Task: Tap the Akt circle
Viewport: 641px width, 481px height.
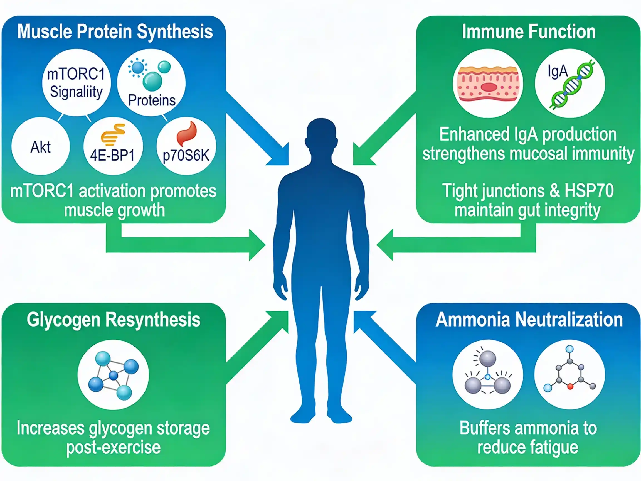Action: pyautogui.click(x=41, y=147)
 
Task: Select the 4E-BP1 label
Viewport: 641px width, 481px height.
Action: pyautogui.click(x=112, y=155)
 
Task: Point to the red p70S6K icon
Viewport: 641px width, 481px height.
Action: pyautogui.click(x=187, y=133)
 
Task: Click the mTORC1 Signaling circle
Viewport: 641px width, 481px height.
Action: pyautogui.click(x=76, y=83)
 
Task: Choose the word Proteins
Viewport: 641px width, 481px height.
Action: pyautogui.click(x=152, y=100)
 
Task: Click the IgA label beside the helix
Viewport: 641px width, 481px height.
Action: pyautogui.click(x=557, y=71)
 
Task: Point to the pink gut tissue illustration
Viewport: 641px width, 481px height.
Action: pyautogui.click(x=488, y=84)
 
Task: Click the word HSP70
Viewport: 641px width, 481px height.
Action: pyautogui.click(x=589, y=191)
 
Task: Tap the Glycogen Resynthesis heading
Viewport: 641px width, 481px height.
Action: pyautogui.click(x=114, y=320)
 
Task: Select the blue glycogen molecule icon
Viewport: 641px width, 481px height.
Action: pyautogui.click(x=113, y=375)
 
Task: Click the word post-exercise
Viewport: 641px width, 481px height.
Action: pyautogui.click(x=113, y=447)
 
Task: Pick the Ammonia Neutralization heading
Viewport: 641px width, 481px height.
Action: pyautogui.click(x=529, y=320)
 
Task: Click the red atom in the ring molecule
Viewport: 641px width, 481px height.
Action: pyautogui.click(x=570, y=386)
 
